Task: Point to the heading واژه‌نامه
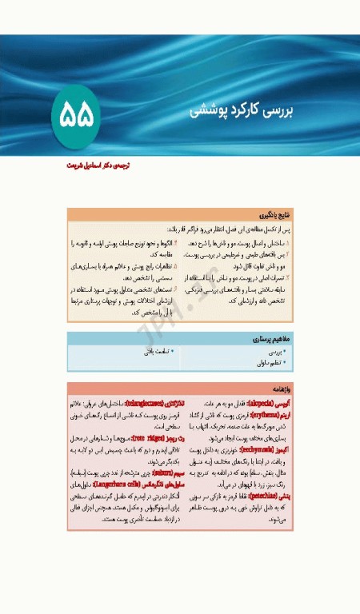click(280, 387)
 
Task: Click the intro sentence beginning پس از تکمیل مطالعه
click(240, 229)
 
